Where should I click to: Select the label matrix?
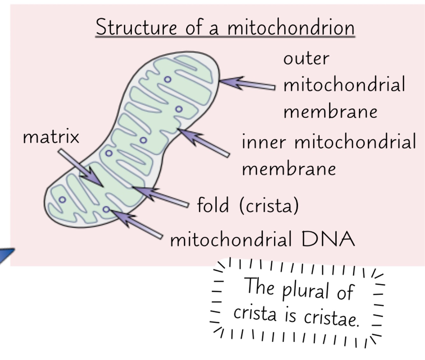tap(51, 137)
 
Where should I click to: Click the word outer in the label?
tap(306, 59)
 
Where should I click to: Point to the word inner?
tap(264, 142)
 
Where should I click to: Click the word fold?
tap(213, 205)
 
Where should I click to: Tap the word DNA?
tap(328, 239)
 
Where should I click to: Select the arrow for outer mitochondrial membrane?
tap(247, 84)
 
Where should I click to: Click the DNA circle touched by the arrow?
tap(106, 209)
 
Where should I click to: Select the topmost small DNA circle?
tap(168, 79)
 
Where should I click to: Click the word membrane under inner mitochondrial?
tap(289, 169)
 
